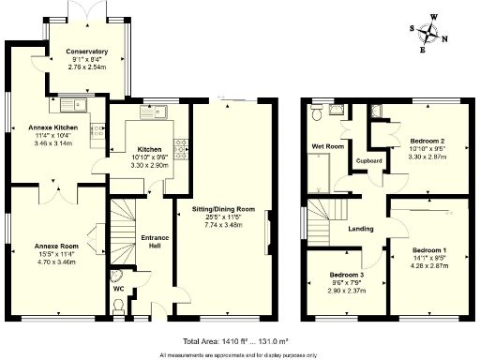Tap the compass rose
point(431,33)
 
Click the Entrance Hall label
point(155,242)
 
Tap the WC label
point(119,288)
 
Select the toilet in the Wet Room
point(319,112)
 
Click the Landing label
point(361,228)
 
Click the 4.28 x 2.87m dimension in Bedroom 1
point(430,265)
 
